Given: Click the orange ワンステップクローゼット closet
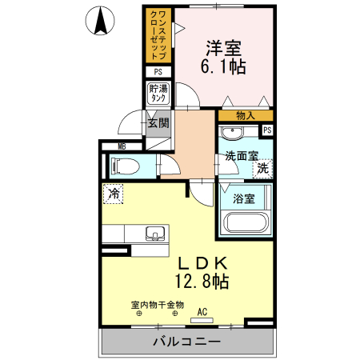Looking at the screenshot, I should pyautogui.click(x=158, y=35).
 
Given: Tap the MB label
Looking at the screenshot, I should pyautogui.click(x=122, y=146).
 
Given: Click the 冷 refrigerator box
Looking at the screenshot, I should pyautogui.click(x=114, y=193).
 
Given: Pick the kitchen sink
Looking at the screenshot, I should pyautogui.click(x=155, y=234).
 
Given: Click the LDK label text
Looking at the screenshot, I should pyautogui.click(x=203, y=262).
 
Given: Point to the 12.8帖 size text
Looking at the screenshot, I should pyautogui.click(x=203, y=281).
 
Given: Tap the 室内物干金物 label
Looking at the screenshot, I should pyautogui.click(x=158, y=305).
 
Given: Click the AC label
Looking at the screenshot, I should pyautogui.click(x=202, y=312).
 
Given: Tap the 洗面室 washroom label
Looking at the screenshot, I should pyautogui.click(x=240, y=157).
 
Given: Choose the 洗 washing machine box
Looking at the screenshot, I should pyautogui.click(x=263, y=169).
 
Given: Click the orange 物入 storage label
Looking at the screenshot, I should pyautogui.click(x=246, y=116).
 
